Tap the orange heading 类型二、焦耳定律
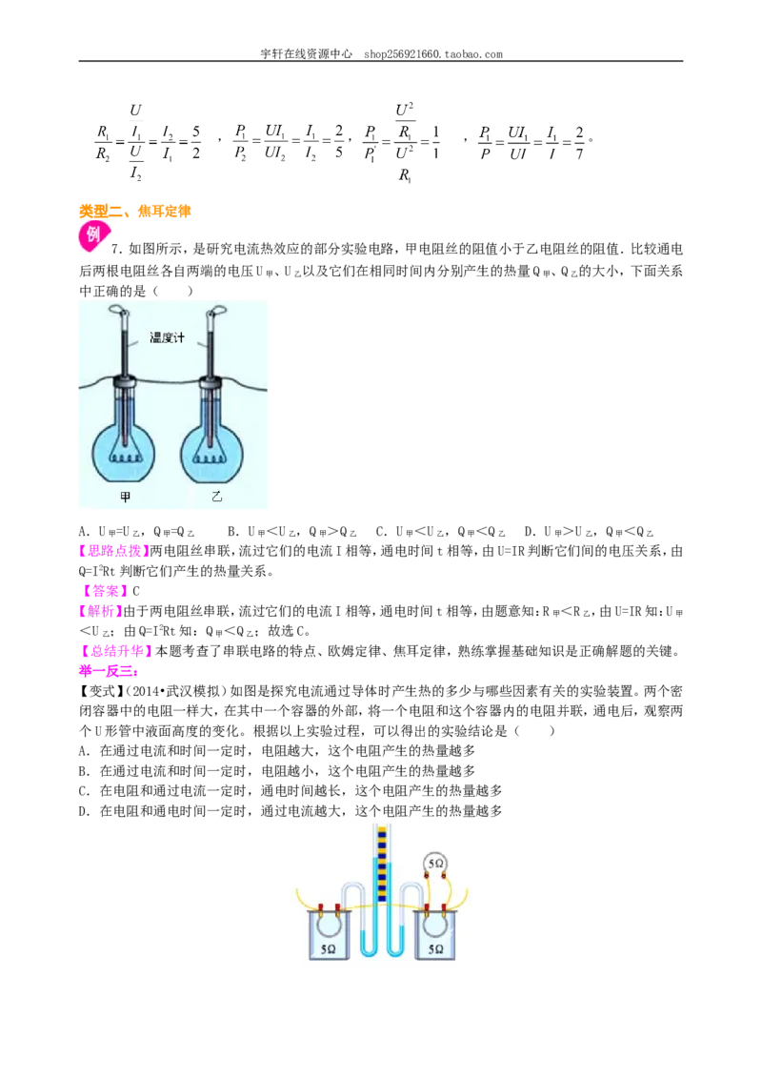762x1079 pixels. point(135,212)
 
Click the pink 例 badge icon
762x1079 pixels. point(92,235)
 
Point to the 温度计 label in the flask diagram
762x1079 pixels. point(167,337)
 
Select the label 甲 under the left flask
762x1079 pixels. point(125,497)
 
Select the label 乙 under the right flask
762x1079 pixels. point(216,497)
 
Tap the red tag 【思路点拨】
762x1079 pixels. point(114,551)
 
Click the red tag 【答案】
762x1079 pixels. point(105,591)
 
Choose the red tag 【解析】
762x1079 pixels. point(100,611)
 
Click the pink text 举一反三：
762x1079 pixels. point(109,671)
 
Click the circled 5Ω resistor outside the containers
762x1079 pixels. point(435,864)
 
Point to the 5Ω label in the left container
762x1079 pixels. point(328,949)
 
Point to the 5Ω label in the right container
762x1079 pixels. point(435,949)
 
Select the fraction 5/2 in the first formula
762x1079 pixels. point(196,142)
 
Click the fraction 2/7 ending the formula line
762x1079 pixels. point(580,142)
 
